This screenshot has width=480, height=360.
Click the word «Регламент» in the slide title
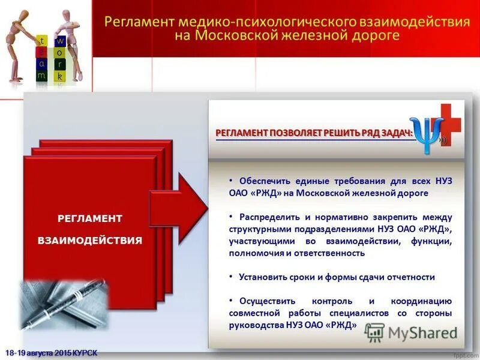(137, 23)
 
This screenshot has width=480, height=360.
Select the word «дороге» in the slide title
(375, 37)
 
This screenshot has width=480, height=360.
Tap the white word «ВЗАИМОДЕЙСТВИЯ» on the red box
(90, 241)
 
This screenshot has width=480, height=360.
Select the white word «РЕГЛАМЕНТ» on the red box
(90, 218)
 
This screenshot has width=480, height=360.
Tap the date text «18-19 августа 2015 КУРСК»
(50, 352)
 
